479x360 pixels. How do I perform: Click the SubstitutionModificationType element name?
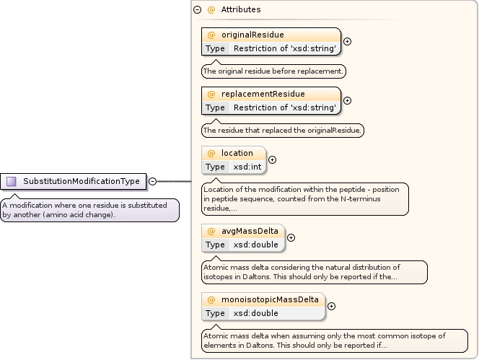click(x=81, y=181)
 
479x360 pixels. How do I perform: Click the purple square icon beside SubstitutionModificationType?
click(x=12, y=181)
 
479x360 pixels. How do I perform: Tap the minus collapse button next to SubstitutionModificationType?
click(x=153, y=181)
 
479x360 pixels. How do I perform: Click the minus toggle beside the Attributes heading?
click(x=197, y=10)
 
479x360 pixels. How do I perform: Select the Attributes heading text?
click(x=241, y=10)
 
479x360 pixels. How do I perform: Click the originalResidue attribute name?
click(x=252, y=35)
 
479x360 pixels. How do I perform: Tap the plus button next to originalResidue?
click(x=347, y=41)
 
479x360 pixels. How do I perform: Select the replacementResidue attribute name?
click(x=263, y=94)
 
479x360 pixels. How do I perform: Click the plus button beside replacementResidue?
click(x=347, y=100)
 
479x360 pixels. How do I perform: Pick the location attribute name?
click(x=237, y=153)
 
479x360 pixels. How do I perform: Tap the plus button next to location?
click(x=272, y=159)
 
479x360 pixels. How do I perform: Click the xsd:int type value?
click(x=247, y=167)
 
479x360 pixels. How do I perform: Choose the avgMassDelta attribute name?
click(x=250, y=231)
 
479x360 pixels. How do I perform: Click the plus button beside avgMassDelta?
click(x=291, y=237)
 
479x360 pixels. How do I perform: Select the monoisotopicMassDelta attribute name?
click(x=271, y=299)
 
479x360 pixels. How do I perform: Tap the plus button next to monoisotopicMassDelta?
click(x=331, y=306)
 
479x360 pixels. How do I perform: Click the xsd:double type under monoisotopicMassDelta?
click(x=256, y=313)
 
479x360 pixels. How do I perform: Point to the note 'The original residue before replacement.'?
click(x=273, y=71)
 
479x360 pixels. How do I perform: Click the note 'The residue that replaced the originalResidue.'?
click(x=283, y=131)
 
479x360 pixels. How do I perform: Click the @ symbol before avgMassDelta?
click(x=211, y=231)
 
